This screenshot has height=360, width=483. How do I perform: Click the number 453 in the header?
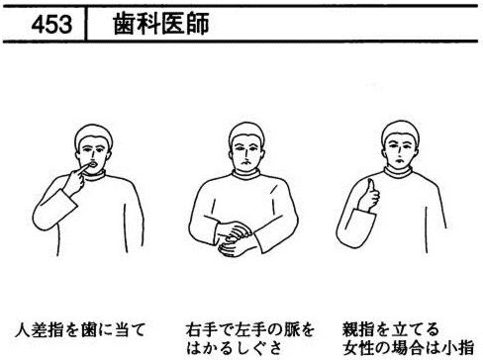click(x=51, y=25)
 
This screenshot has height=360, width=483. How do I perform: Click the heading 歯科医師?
click(x=161, y=24)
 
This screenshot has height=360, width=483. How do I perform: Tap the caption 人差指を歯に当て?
click(x=80, y=329)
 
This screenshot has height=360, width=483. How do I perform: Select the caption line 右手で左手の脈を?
click(x=249, y=329)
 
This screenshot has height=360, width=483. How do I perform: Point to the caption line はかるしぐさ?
click(x=235, y=348)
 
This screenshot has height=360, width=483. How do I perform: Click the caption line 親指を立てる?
click(x=391, y=329)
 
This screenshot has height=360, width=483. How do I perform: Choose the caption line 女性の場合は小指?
click(x=408, y=348)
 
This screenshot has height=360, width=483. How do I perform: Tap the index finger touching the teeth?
click(x=81, y=169)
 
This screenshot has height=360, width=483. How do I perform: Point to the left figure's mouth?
click(x=93, y=164)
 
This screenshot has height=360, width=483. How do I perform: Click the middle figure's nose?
click(x=244, y=155)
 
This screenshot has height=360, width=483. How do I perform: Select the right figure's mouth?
click(x=400, y=160)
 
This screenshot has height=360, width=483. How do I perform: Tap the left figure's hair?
click(x=94, y=133)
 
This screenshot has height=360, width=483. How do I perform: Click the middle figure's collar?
click(x=246, y=174)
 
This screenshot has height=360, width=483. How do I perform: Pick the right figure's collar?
click(x=398, y=172)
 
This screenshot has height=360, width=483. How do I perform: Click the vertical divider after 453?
click(x=85, y=24)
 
